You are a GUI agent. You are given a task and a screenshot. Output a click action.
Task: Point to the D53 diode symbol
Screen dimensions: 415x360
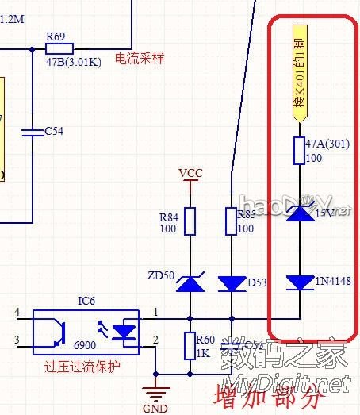click(x=232, y=283)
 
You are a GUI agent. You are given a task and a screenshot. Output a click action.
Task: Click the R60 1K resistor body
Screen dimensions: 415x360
click(x=190, y=346)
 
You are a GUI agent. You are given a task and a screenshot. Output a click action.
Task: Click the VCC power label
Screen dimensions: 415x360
click(x=190, y=173)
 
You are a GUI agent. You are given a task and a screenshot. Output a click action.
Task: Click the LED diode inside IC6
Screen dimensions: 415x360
click(x=125, y=333)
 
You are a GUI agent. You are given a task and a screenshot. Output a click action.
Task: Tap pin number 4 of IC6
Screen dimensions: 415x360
click(x=17, y=313)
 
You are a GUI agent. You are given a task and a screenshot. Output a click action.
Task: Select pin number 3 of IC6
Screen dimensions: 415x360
click(x=17, y=340)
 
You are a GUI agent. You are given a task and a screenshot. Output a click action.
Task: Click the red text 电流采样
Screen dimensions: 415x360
click(x=140, y=59)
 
